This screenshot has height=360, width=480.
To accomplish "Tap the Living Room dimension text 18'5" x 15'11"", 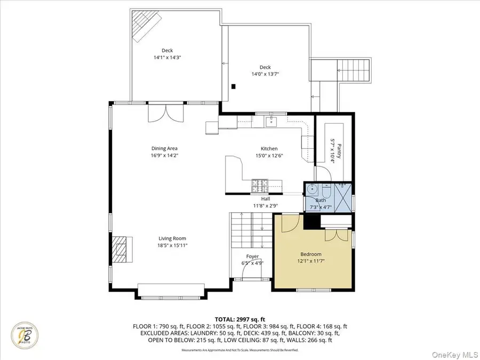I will (172, 245).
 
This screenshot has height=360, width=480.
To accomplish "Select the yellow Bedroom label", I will (310, 254).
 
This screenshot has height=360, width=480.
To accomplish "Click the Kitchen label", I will (269, 149).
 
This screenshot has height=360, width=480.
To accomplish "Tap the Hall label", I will (266, 198).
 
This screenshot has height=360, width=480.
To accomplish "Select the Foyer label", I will (252, 257).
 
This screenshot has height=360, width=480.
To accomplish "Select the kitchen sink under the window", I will (270, 123).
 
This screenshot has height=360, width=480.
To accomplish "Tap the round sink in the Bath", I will (313, 190).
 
